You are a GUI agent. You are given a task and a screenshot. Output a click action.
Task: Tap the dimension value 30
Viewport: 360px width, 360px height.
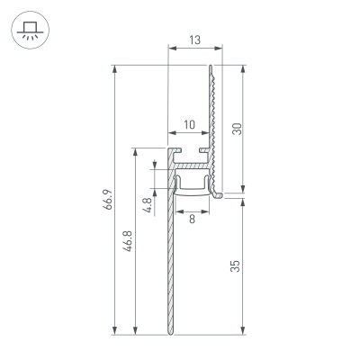pos(237,128)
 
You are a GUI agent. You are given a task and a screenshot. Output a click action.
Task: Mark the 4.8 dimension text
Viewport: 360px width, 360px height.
pos(147,203)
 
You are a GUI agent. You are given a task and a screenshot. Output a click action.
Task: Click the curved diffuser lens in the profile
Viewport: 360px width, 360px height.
pos(192,193)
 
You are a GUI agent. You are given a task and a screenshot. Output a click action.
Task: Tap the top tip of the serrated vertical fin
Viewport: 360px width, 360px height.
pos(213,66)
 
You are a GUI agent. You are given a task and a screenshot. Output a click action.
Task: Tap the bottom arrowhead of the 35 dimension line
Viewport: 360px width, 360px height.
pos(245,331)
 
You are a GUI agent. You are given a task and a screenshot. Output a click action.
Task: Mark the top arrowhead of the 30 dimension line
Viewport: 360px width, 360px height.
pos(245,67)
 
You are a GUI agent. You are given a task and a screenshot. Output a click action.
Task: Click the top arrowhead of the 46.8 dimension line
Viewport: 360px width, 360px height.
pos(135,151)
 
